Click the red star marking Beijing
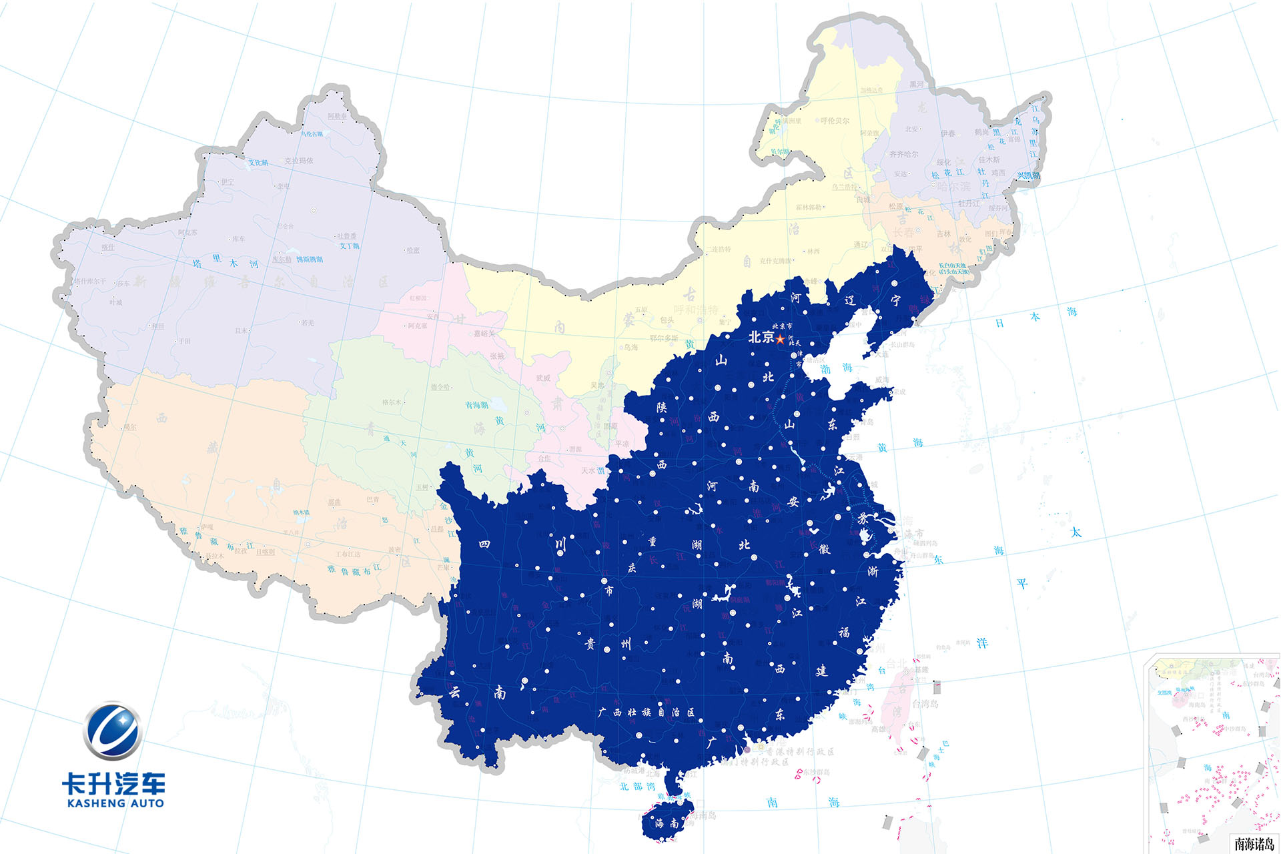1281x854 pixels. pyautogui.click(x=780, y=339)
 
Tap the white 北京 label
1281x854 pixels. pyautogui.click(x=761, y=337)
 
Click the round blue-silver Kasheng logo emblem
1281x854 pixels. pyautogui.click(x=112, y=731)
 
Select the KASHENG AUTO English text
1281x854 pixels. pyautogui.click(x=115, y=803)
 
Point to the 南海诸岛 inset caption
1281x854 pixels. pyautogui.click(x=1254, y=844)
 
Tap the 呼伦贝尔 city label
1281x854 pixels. pyautogui.click(x=835, y=121)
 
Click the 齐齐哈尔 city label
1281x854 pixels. pyautogui.click(x=903, y=154)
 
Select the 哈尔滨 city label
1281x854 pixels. pyautogui.click(x=953, y=186)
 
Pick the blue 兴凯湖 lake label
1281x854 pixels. pyautogui.click(x=1027, y=175)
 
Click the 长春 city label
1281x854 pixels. pyautogui.click(x=903, y=232)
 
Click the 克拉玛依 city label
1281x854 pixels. pyautogui.click(x=298, y=161)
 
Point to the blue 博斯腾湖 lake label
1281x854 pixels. pyautogui.click(x=310, y=259)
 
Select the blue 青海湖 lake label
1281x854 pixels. pyautogui.click(x=476, y=405)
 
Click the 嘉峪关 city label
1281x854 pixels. pyautogui.click(x=485, y=333)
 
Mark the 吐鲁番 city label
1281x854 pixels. pyautogui.click(x=347, y=236)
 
